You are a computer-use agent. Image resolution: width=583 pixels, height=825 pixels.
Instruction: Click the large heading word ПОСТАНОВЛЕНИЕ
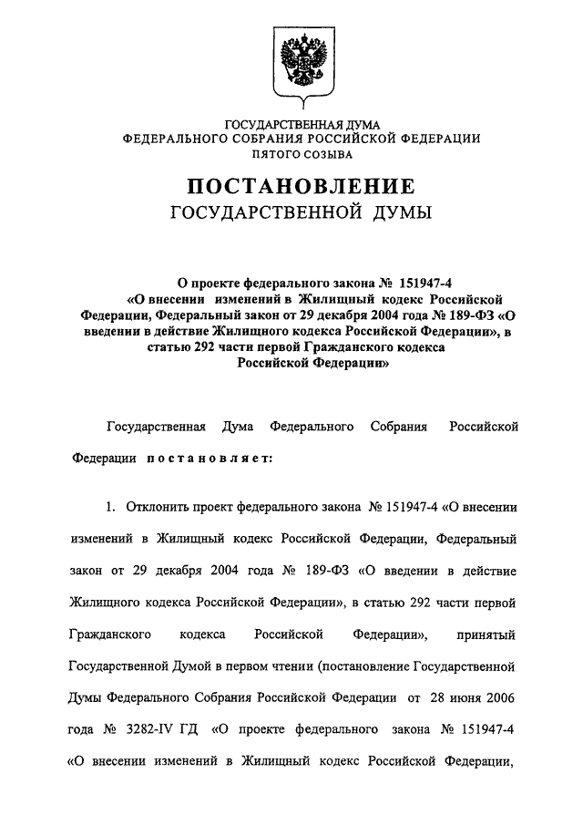(301, 187)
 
